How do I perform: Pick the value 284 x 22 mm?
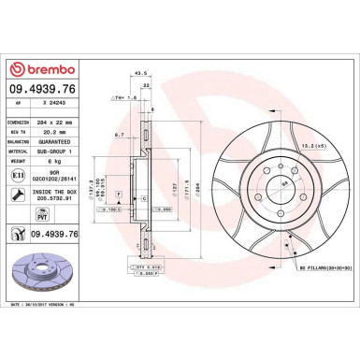(x=60, y=123)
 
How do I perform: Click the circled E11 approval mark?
(x=18, y=176)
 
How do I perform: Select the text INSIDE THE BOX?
(x=57, y=192)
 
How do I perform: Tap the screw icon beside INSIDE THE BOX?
(x=18, y=194)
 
